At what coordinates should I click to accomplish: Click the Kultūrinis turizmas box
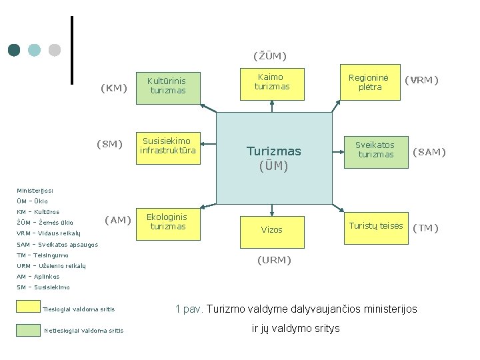pos(168,86)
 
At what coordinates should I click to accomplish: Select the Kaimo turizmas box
pos(272,83)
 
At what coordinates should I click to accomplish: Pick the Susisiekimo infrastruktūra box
pos(168,147)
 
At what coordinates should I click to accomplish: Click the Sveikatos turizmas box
pos(375,151)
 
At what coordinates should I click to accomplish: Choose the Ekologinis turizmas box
pos(168,223)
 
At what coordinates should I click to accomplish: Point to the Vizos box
pos(272,229)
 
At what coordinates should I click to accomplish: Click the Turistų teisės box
pos(375,226)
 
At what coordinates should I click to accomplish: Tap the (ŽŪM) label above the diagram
pos(269,55)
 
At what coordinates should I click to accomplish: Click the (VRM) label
pos(422,80)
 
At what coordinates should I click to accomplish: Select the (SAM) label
pos(429,152)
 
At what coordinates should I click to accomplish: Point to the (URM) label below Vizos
pos(274,260)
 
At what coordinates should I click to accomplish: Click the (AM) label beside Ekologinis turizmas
pos(118,220)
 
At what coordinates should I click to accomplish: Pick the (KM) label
pos(113,87)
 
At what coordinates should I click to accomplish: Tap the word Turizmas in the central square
pos(273,151)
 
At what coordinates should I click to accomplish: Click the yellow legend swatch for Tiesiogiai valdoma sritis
pos(28,306)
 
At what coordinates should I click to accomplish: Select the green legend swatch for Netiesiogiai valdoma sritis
pos(28,329)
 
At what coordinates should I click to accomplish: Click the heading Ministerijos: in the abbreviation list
pos(35,190)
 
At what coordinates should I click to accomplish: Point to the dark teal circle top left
pos(14,50)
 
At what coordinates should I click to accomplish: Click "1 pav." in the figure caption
pos(189,309)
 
